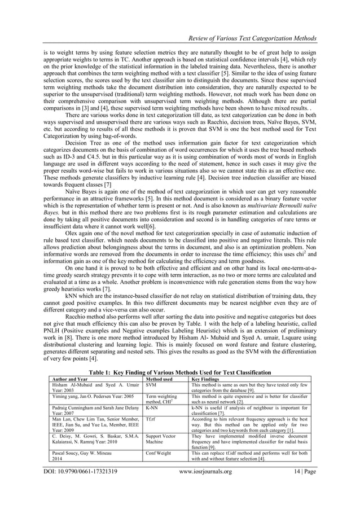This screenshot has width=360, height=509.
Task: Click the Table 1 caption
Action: pos(179,372)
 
